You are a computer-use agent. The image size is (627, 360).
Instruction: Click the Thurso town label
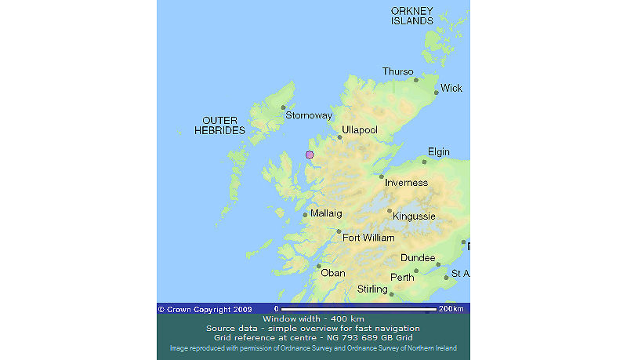(397, 71)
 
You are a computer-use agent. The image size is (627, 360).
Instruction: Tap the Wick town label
(451, 89)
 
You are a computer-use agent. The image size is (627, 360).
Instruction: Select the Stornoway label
(309, 115)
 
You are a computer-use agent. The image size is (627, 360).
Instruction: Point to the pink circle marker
(310, 155)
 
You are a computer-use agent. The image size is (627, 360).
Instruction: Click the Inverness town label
(406, 183)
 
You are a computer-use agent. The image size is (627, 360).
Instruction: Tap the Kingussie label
(414, 216)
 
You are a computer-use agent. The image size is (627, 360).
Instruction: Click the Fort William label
(368, 238)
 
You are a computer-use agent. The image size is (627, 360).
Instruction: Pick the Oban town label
(333, 273)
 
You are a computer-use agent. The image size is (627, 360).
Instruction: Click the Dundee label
(418, 258)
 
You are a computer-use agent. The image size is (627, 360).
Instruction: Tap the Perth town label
(402, 278)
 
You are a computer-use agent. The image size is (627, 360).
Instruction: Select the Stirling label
(372, 289)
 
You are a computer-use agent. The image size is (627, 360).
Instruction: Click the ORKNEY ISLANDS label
(412, 16)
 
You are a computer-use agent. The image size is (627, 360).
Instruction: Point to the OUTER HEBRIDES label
(219, 125)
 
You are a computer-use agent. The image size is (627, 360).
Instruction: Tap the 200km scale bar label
(451, 309)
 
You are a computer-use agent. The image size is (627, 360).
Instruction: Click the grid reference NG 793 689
(361, 337)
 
